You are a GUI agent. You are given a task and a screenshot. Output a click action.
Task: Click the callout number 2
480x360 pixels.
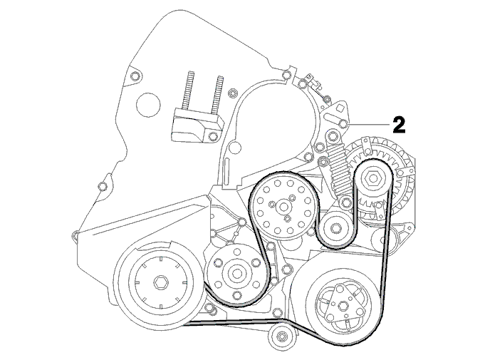coord(399,125)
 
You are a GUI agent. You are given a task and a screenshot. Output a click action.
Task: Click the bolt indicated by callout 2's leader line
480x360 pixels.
coord(343,123)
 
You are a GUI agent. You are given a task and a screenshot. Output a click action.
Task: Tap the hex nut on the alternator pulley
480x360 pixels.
coord(372,179)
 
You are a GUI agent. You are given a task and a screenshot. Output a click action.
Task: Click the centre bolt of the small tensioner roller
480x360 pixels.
coord(335,227)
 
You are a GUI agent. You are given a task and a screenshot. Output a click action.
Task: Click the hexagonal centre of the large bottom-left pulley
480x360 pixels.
coord(160,282)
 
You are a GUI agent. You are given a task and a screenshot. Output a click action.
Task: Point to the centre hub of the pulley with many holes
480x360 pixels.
coord(282,207)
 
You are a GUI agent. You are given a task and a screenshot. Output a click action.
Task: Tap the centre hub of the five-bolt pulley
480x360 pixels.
coord(236,272)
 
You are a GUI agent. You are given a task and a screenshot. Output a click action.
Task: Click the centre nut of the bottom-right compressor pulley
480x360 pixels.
coord(343,305)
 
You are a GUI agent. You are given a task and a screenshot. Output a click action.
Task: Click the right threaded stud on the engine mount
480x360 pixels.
coord(216,96)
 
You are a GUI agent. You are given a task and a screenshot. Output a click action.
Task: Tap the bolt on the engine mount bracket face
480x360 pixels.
coord(212,135)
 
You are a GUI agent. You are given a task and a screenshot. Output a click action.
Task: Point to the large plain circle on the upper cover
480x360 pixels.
coord(148,105)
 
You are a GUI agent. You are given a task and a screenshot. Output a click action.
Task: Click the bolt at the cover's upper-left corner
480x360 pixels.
coord(135,76)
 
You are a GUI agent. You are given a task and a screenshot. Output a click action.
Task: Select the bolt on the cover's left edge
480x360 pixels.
coord(103,186)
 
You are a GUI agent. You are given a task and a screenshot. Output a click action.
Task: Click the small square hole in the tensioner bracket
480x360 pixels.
coord(340,108)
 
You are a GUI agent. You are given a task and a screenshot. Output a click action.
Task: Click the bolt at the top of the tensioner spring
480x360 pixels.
coord(331,135)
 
